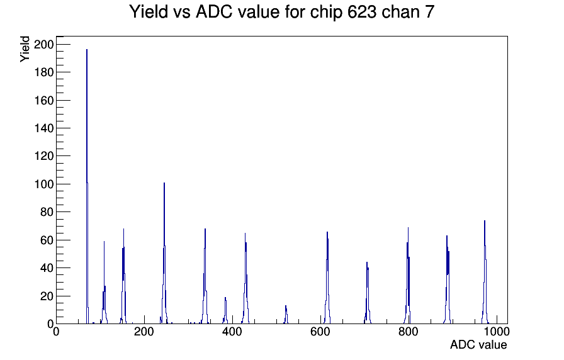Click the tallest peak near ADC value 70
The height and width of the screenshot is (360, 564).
point(87,187)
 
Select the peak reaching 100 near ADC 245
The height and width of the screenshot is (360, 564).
point(164,254)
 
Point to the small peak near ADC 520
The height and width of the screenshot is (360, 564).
point(286,315)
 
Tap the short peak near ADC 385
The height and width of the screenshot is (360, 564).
point(225,310)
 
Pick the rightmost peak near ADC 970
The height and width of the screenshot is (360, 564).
point(485,273)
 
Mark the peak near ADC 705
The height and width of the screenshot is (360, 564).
point(367,293)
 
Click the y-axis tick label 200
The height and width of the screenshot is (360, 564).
point(43,45)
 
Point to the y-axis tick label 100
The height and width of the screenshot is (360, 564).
point(43,184)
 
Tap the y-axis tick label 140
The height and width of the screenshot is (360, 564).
point(43,128)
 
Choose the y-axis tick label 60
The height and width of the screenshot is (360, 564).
point(47,240)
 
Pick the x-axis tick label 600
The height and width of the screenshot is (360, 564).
point(320,332)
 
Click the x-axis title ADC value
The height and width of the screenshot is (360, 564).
point(478,345)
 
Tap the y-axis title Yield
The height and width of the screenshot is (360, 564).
point(25,49)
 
